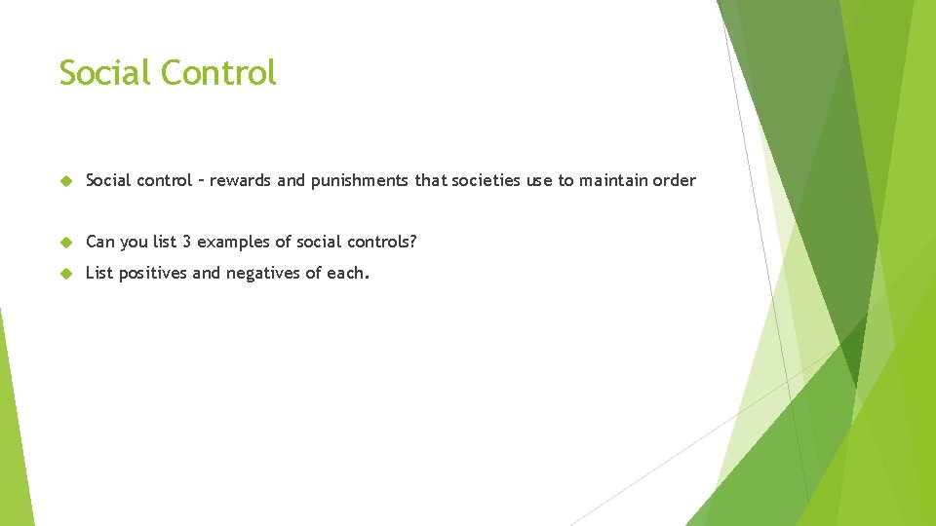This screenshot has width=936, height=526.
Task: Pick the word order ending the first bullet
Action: click(x=675, y=180)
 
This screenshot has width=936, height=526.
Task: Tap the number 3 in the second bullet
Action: click(x=186, y=242)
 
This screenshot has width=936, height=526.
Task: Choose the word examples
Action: click(x=232, y=242)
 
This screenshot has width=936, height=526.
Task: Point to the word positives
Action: click(x=155, y=274)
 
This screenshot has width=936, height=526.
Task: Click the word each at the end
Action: click(x=348, y=274)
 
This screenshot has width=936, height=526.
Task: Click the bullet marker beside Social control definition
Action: click(x=66, y=180)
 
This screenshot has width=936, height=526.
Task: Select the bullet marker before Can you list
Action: click(x=66, y=242)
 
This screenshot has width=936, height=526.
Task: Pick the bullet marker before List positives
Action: click(x=66, y=274)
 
